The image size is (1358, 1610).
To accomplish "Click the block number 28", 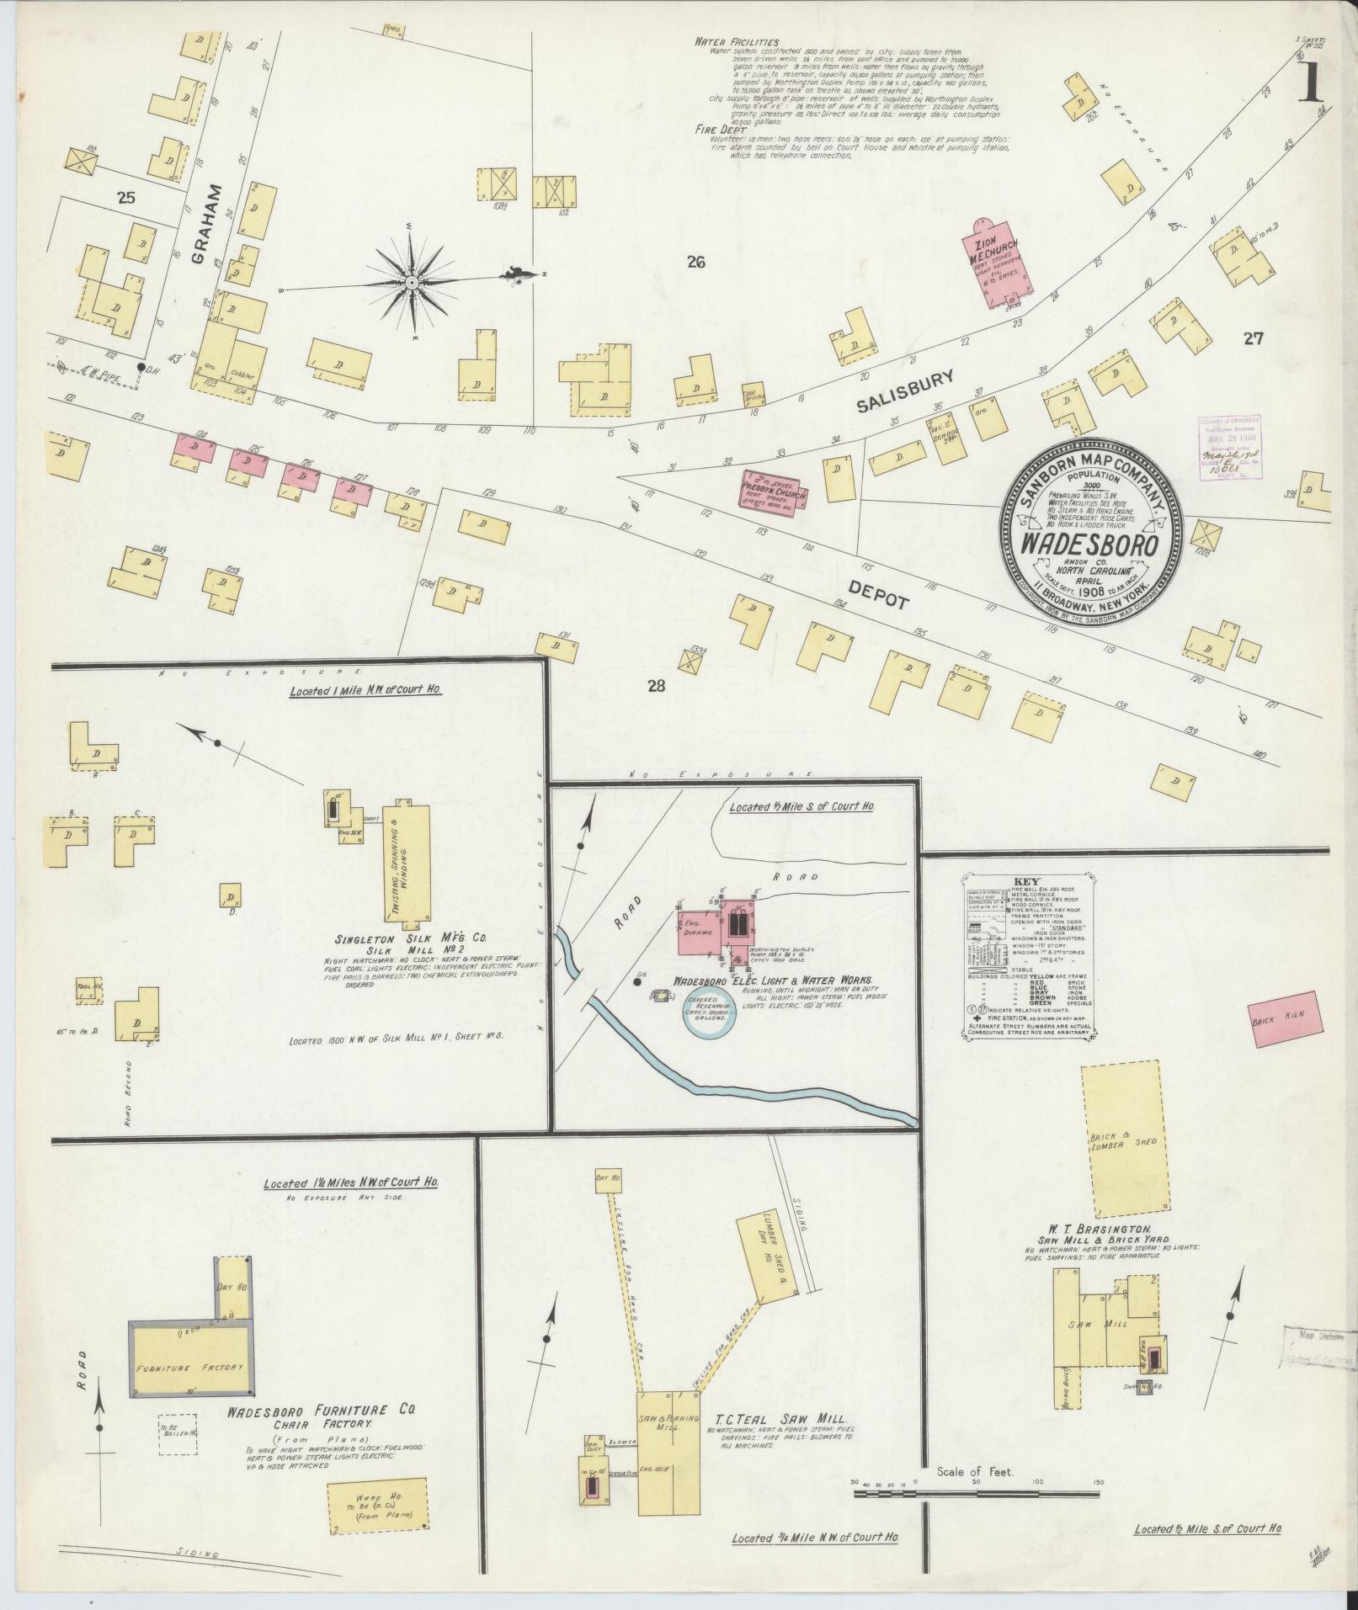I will pos(657,686).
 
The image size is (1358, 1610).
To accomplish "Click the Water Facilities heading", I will pos(737,41).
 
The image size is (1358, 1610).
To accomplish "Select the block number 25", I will pos(127,199).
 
